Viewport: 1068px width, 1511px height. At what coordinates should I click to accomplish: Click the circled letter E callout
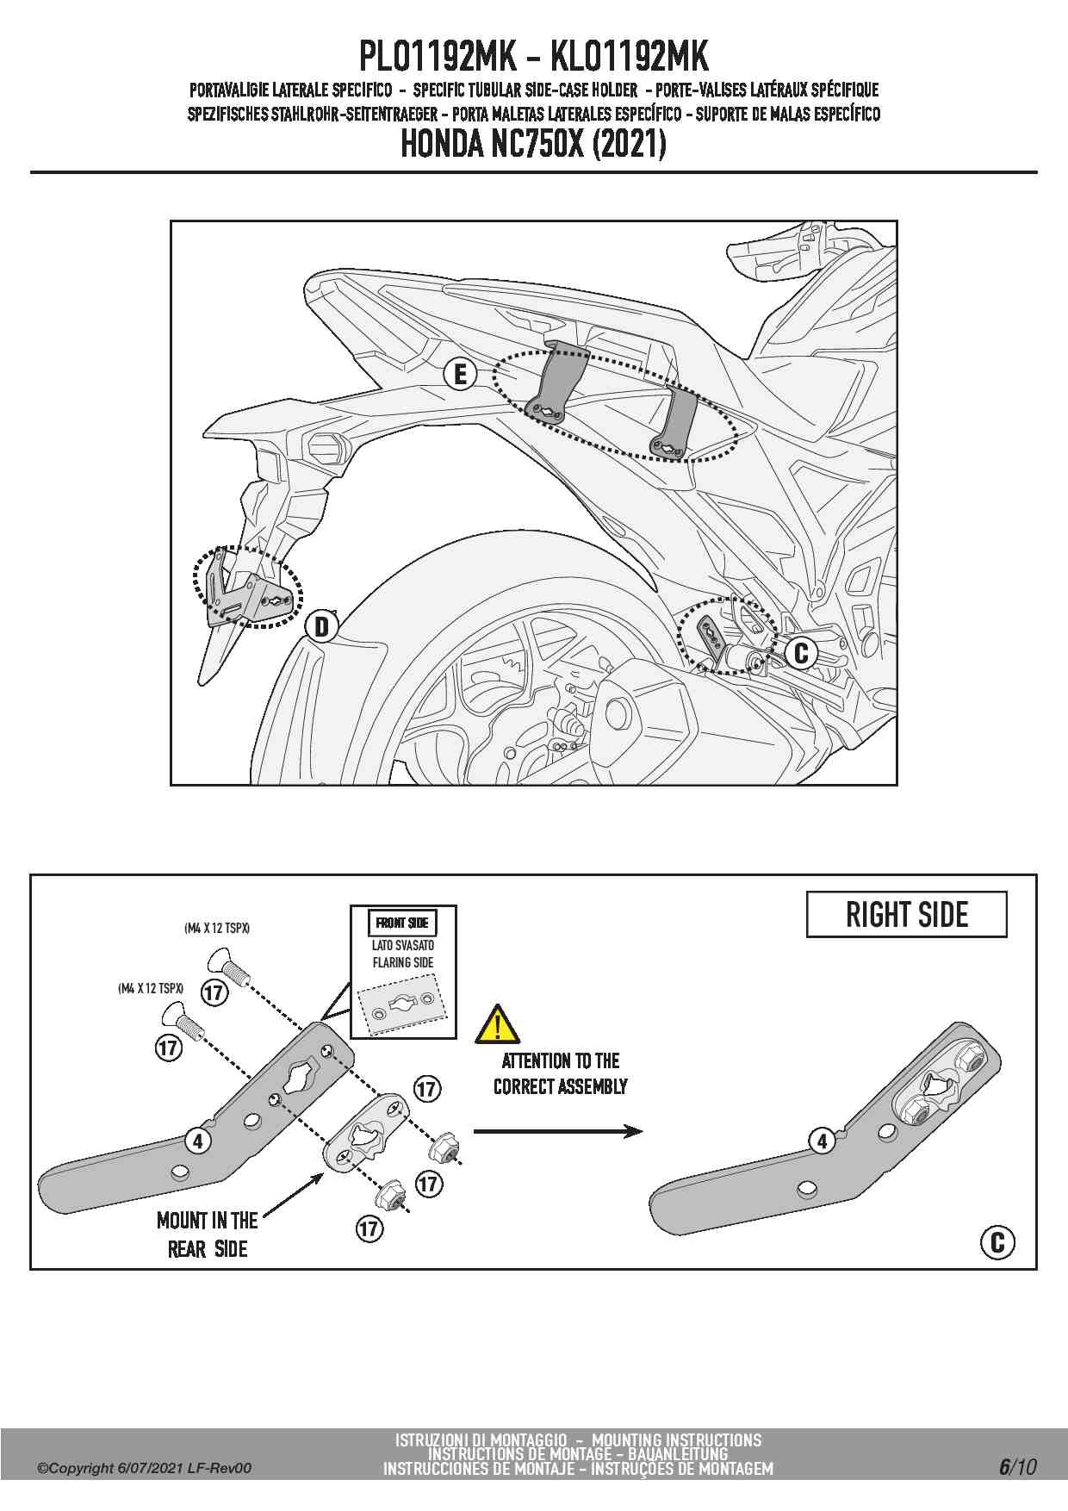tap(460, 375)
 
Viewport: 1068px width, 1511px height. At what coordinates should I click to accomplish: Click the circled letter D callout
tap(321, 626)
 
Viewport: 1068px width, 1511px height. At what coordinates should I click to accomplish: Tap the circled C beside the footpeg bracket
tap(801, 653)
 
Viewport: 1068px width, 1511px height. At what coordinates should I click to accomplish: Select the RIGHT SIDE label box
tap(907, 915)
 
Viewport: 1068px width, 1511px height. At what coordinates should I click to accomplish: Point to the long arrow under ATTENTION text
tap(558, 1131)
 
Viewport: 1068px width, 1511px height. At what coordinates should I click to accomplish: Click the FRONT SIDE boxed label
tap(402, 923)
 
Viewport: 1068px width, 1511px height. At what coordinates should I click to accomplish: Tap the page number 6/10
tap(1018, 1466)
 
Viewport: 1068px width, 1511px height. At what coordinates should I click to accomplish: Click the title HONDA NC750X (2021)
tap(533, 144)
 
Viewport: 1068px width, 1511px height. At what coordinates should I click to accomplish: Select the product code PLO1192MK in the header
tap(438, 57)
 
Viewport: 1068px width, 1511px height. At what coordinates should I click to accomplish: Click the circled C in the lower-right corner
tap(997, 1242)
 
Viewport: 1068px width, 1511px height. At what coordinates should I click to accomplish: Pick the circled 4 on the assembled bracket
tap(823, 1141)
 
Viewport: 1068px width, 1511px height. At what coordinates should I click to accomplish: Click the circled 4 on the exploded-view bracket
tap(198, 1141)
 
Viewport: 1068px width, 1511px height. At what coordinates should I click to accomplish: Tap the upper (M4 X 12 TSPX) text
tap(217, 929)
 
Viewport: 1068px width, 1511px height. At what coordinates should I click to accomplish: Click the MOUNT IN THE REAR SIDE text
tap(208, 1234)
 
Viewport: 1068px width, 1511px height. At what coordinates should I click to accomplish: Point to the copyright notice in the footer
tap(145, 1468)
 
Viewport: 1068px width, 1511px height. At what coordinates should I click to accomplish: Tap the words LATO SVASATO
tap(403, 945)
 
